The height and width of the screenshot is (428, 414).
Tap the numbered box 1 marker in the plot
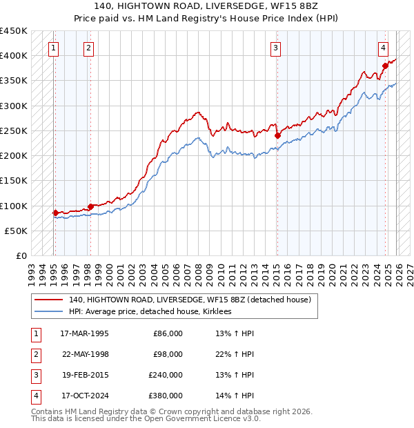54,48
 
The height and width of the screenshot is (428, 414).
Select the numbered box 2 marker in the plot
89,48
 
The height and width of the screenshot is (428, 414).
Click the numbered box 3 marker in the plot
275,48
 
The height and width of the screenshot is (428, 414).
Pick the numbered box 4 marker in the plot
383,48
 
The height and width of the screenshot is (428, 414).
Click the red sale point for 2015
277,135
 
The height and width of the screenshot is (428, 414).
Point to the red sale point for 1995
55,213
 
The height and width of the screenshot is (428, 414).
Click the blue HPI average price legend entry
150,312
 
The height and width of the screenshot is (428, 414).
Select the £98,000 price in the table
168,354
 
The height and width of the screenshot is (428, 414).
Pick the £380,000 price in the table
166,396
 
